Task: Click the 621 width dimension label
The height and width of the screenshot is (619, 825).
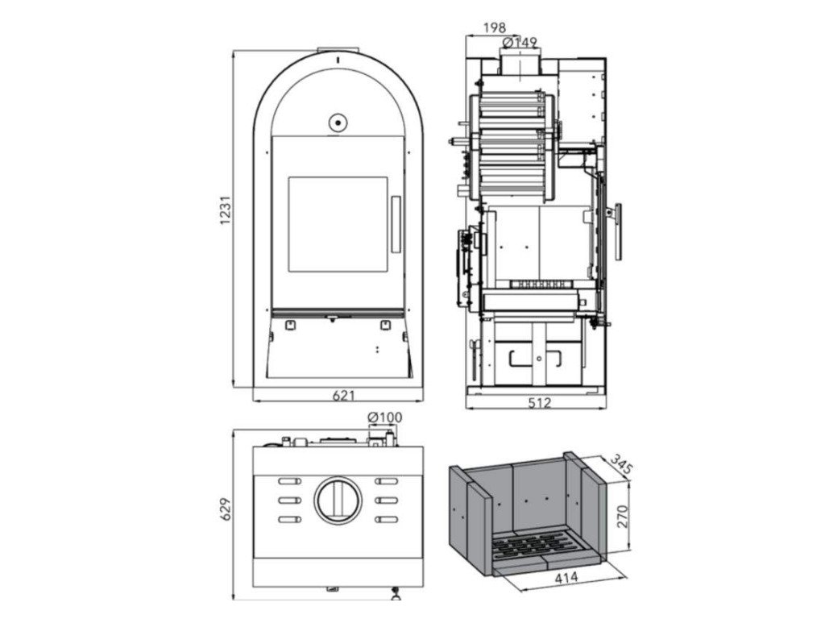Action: [343, 396]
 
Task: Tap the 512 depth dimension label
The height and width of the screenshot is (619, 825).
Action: [540, 402]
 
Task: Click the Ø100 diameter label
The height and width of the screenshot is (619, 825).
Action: [384, 418]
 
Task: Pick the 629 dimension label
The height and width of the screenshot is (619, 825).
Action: [226, 509]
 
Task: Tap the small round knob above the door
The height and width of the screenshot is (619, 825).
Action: [336, 123]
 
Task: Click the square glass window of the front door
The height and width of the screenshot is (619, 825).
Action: [338, 225]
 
